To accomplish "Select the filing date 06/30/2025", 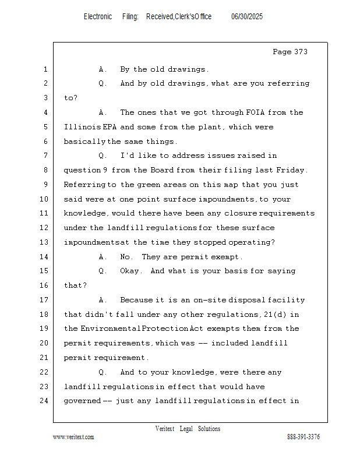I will tap(247, 17).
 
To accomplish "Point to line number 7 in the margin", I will tap(45, 156).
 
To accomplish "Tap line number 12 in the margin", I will tap(43, 228).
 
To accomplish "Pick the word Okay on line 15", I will tap(130, 271).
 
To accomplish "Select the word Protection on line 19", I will tap(166, 329).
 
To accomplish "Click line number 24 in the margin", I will tap(43, 401).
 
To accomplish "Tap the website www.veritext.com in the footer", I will tap(73, 437).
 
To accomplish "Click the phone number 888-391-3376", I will tap(303, 437).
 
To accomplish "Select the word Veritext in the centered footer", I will tap(165, 429).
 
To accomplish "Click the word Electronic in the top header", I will tap(98, 17).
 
